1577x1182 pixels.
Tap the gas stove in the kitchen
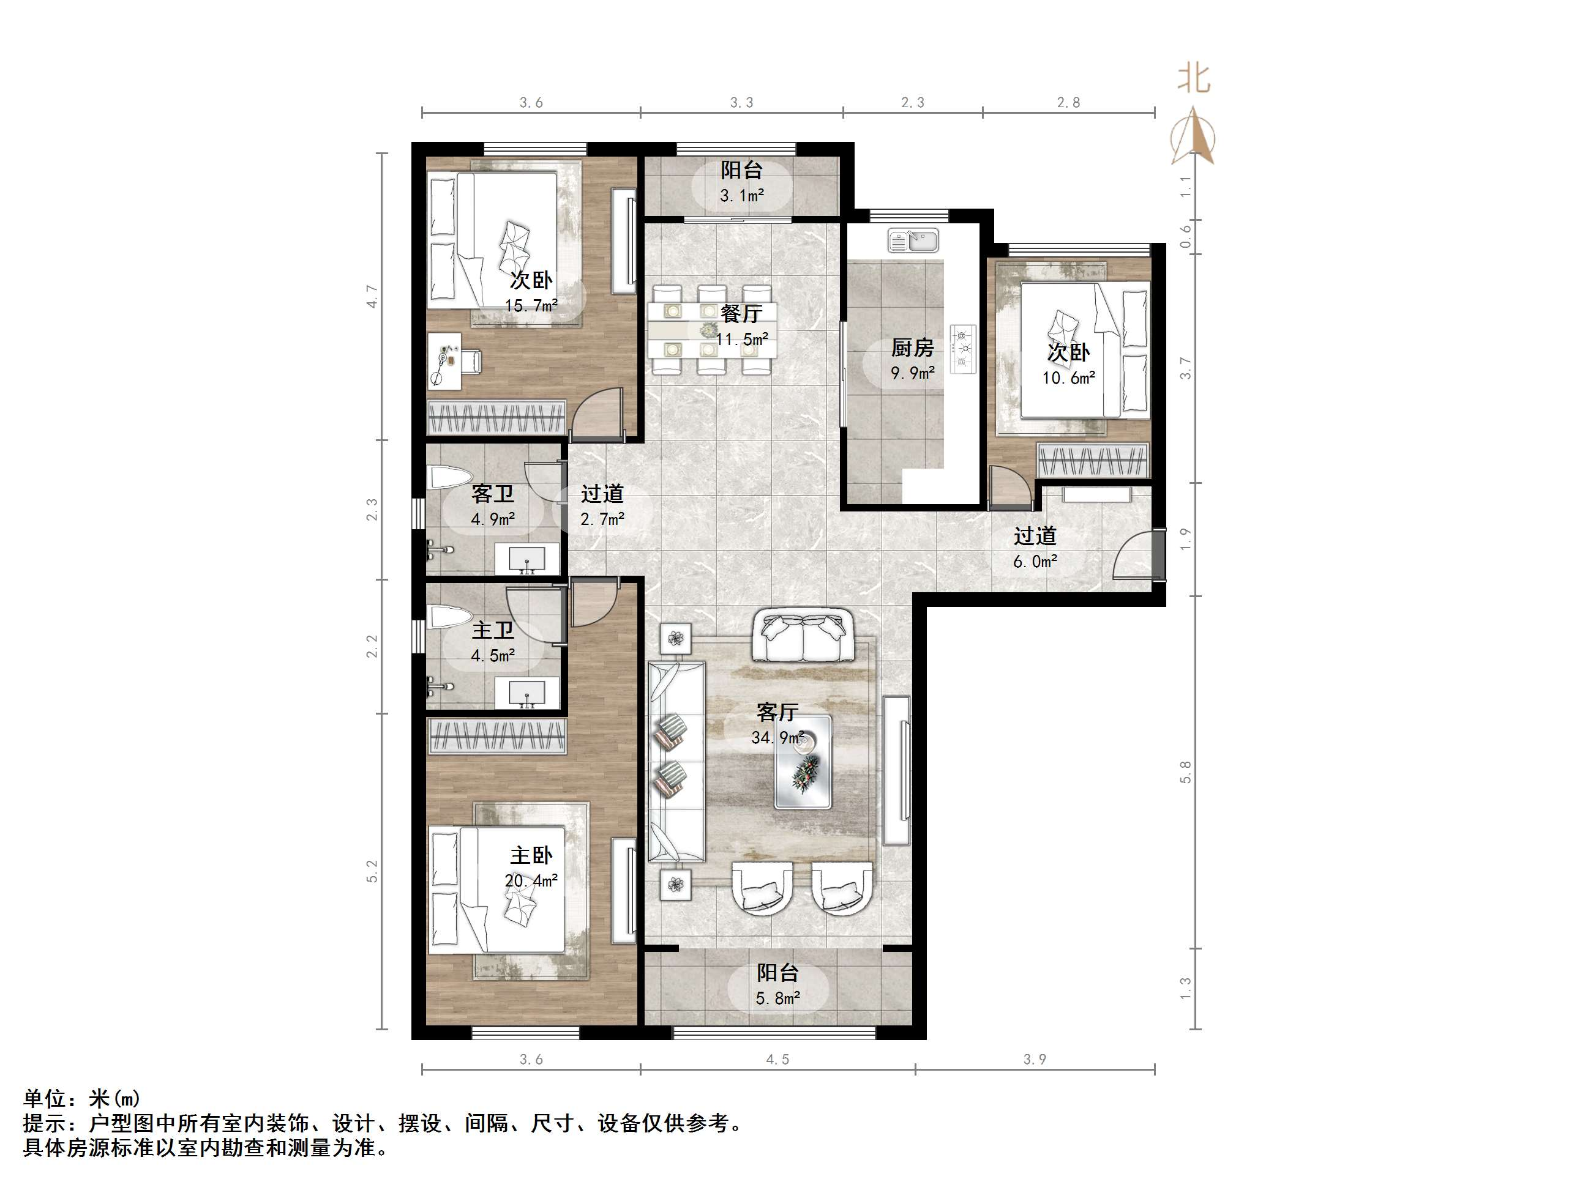point(963,349)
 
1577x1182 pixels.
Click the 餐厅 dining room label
point(741,313)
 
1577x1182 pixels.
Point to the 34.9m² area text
point(777,737)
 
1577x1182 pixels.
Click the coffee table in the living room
point(803,762)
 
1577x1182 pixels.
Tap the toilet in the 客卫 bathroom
point(449,477)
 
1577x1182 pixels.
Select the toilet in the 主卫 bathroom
point(449,615)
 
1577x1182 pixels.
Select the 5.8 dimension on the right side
point(1185,772)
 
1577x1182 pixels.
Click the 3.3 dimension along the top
point(741,103)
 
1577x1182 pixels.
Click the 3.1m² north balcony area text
point(741,195)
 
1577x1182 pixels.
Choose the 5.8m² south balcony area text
point(777,999)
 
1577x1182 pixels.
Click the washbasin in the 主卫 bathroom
point(527,693)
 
